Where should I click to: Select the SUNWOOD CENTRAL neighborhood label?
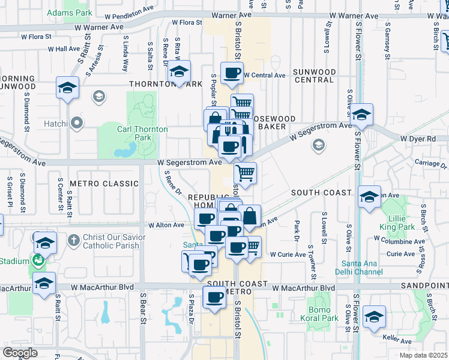[x=314, y=76]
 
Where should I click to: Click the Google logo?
[x=20, y=353]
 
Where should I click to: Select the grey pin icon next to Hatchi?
[x=76, y=124]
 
